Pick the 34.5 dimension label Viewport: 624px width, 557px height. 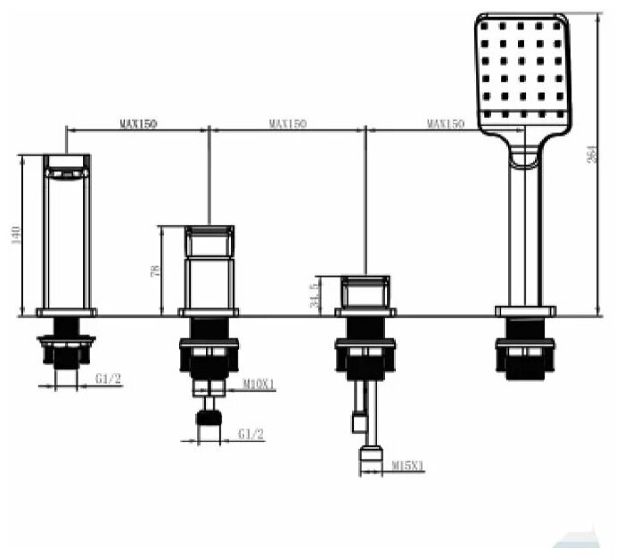click(x=313, y=295)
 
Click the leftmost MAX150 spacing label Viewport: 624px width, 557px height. click(x=138, y=124)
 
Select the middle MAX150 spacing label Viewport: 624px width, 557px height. click(x=287, y=124)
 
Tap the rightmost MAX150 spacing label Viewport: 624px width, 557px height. click(x=445, y=124)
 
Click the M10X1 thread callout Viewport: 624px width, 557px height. click(x=259, y=386)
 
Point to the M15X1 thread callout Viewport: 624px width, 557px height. click(x=408, y=465)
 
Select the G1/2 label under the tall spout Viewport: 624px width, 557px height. click(x=108, y=379)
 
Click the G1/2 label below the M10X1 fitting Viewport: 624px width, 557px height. click(x=251, y=435)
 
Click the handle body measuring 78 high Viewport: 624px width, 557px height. click(x=209, y=268)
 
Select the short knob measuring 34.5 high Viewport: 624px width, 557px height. click(x=365, y=293)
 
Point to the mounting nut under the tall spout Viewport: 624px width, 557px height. click(x=66, y=348)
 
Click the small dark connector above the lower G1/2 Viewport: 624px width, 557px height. click(x=209, y=420)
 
